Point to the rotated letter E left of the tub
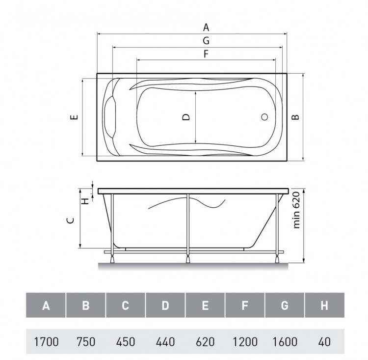click(x=74, y=117)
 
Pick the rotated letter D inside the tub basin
click(x=186, y=117)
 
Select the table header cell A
click(x=46, y=305)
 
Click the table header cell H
click(x=324, y=305)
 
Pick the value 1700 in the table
click(x=46, y=341)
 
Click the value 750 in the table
click(x=86, y=341)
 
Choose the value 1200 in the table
click(x=245, y=341)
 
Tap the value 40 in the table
click(x=324, y=341)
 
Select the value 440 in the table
click(x=165, y=341)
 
